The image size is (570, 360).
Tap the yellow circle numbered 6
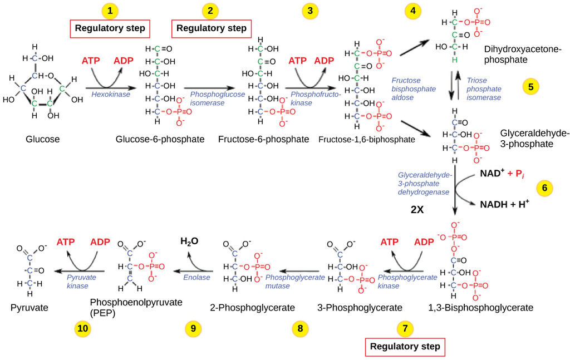[x=544, y=188]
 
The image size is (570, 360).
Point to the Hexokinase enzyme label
[x=107, y=96]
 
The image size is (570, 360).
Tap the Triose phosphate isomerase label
[x=484, y=89]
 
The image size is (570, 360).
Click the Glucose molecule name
[x=42, y=139]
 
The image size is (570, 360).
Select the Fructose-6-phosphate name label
[x=264, y=139]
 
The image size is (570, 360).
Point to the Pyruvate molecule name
[x=30, y=307]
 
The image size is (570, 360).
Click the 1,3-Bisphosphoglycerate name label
[x=481, y=307]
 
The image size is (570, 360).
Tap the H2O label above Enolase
[x=189, y=241]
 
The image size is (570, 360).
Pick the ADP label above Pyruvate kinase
[x=101, y=242]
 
